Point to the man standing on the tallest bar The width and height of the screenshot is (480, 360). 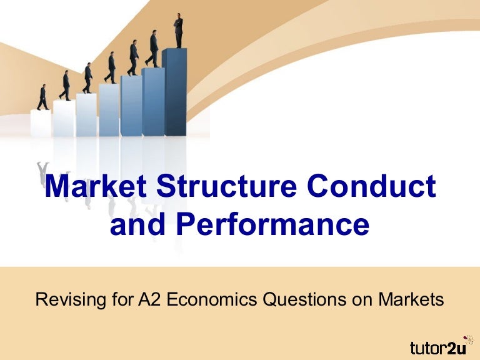tap(179, 30)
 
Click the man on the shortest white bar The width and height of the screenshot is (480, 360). tap(42, 97)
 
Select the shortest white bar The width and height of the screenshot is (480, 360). tap(41, 124)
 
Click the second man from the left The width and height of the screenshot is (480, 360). tap(65, 86)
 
